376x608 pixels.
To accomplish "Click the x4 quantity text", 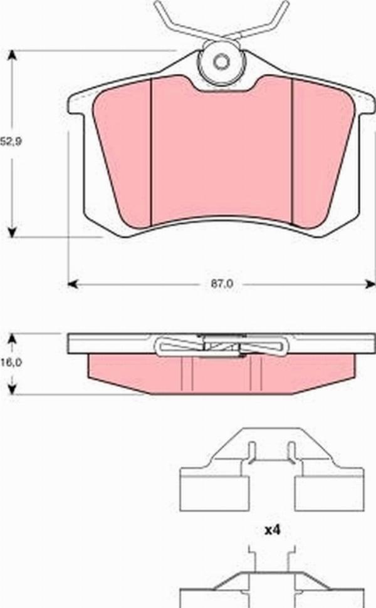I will [x=271, y=530].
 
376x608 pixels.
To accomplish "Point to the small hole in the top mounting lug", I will [x=221, y=62].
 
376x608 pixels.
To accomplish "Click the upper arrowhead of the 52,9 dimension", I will [x=11, y=54].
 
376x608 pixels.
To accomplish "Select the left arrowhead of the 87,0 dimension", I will [x=73, y=284].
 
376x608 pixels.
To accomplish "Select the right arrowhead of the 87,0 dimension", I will [x=370, y=284].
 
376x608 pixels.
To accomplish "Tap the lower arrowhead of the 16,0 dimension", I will [x=11, y=390].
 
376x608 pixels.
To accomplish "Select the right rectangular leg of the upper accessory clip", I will [x=329, y=490].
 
